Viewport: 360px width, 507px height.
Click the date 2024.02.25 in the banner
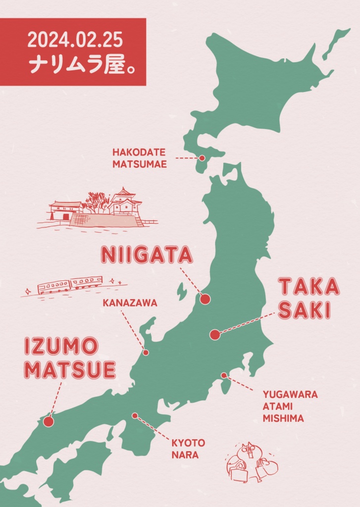(x=75, y=40)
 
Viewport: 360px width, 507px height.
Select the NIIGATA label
(x=146, y=255)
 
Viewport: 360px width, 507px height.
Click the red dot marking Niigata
(x=205, y=299)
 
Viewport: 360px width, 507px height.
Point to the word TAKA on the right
(x=309, y=287)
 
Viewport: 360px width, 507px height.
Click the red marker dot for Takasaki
(x=214, y=335)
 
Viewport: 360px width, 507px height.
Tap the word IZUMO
(x=61, y=347)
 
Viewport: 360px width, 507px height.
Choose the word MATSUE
(x=70, y=370)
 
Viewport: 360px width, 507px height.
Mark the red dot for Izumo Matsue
(x=48, y=421)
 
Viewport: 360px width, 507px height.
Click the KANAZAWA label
(x=130, y=303)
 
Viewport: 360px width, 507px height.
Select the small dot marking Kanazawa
(x=146, y=352)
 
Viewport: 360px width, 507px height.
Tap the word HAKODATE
(x=139, y=152)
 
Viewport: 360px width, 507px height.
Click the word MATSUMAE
(x=139, y=164)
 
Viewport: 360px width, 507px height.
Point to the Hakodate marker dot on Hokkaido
(x=202, y=158)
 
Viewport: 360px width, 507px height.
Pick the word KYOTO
(x=188, y=442)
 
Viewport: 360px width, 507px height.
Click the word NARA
(x=185, y=455)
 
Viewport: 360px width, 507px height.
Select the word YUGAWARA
(x=290, y=395)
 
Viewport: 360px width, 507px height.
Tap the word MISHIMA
(x=283, y=418)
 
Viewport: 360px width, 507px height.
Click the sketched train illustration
(x=70, y=285)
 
